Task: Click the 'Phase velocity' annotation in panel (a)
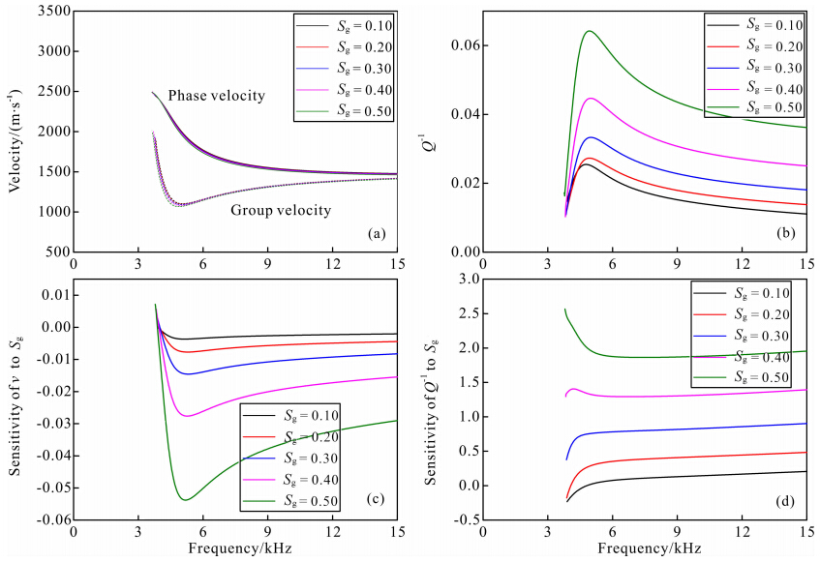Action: [216, 96]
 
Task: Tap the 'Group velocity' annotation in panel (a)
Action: [280, 210]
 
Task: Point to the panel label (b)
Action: [785, 234]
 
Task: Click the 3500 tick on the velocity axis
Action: [49, 12]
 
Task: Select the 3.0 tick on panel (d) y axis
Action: [471, 280]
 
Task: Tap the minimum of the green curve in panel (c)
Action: [184, 499]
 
